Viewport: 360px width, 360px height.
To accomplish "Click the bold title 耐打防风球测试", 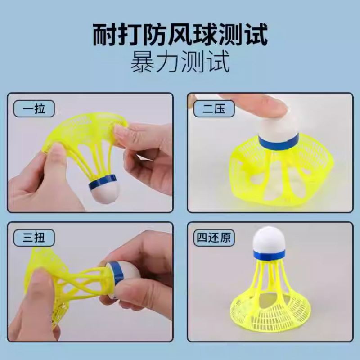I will (x=180, y=36).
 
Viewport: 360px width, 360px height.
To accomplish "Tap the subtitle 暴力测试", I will (x=180, y=63).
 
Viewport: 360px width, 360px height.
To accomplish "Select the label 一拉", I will (x=34, y=108).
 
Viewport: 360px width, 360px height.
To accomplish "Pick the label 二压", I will (x=213, y=108).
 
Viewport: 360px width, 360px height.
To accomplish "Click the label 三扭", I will (x=34, y=238).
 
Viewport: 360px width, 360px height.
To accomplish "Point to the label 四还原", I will (x=216, y=238).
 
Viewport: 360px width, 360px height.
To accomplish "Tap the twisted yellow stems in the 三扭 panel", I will (x=81, y=281).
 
